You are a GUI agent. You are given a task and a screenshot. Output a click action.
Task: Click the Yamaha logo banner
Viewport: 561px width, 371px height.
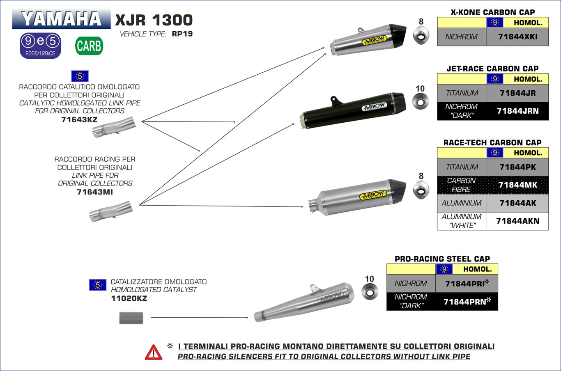coord(61,19)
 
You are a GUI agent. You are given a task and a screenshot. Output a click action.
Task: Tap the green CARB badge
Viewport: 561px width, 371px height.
coord(89,46)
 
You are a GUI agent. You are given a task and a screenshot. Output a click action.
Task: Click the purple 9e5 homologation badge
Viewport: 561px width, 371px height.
coord(40,46)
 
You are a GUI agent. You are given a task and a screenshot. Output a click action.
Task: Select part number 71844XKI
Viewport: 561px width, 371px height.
coord(517,37)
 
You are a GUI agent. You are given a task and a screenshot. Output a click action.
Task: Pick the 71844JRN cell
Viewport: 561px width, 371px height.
coord(517,111)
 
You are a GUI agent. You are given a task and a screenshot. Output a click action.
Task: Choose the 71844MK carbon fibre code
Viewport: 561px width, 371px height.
coord(517,185)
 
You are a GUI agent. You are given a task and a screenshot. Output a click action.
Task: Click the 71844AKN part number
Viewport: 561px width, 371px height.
coord(517,221)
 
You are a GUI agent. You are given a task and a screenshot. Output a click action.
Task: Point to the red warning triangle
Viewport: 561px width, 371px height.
coord(154,353)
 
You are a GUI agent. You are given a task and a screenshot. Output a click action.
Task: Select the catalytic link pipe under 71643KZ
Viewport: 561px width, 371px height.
coord(113,127)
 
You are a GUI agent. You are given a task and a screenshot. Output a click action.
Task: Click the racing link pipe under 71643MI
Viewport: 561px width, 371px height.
coord(111,211)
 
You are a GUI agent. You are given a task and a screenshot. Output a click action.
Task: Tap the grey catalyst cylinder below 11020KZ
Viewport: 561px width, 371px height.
coord(131,318)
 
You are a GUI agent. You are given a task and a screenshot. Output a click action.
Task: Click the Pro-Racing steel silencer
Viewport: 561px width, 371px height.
coord(306,302)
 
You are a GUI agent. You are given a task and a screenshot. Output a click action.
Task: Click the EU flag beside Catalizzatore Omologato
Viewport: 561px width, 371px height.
coord(97,285)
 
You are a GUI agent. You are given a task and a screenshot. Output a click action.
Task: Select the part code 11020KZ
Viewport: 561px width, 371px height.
coord(129,298)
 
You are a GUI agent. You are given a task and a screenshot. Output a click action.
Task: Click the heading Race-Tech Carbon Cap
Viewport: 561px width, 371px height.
coord(492,143)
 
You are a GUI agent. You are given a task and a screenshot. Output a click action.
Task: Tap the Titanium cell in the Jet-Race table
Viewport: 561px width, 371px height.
coord(462,93)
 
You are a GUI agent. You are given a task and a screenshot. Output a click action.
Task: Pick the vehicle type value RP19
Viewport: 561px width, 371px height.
coord(182,34)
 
